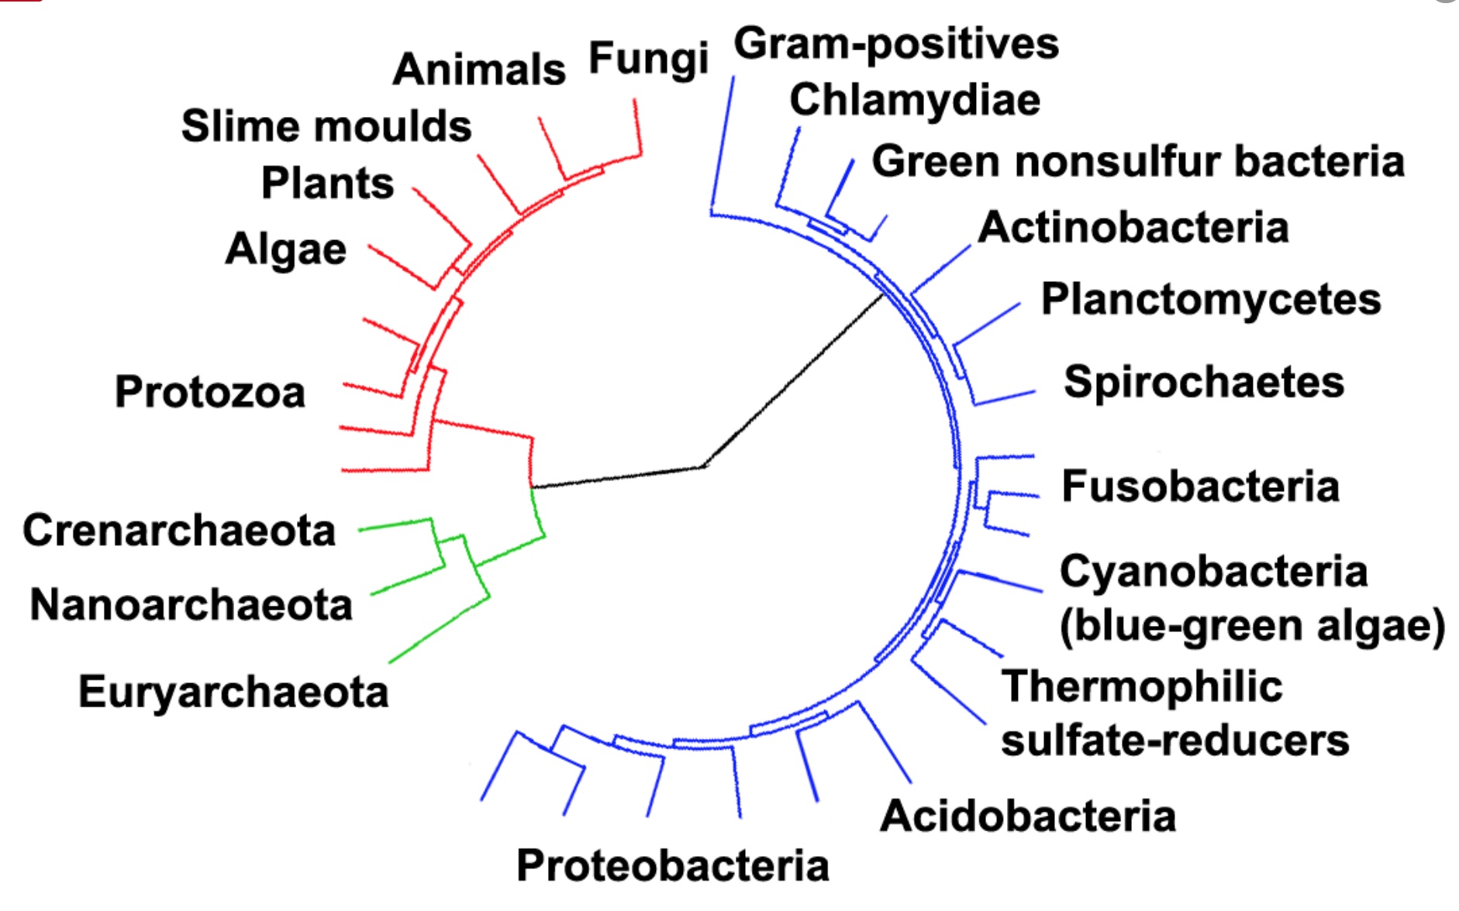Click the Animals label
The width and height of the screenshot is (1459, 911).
(x=479, y=70)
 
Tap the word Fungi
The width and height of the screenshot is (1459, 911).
(x=648, y=59)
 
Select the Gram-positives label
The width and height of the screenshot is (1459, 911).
(x=896, y=44)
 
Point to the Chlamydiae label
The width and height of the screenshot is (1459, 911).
(x=915, y=101)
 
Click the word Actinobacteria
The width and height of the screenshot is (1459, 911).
(x=1133, y=228)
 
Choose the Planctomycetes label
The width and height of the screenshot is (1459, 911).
(x=1211, y=301)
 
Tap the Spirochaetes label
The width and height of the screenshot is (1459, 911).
(x=1204, y=383)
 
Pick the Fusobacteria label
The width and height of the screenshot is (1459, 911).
(x=1200, y=486)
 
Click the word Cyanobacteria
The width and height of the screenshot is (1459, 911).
(x=1213, y=572)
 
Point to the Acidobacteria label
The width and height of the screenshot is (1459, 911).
(x=1028, y=816)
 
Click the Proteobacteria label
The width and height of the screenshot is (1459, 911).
(x=673, y=865)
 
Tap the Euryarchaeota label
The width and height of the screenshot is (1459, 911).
(x=233, y=693)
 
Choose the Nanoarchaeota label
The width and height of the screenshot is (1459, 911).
(x=191, y=605)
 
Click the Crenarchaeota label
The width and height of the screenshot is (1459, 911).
(x=179, y=531)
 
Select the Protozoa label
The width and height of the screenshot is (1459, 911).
(x=210, y=391)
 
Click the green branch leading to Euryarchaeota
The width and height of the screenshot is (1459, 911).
(x=440, y=629)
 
